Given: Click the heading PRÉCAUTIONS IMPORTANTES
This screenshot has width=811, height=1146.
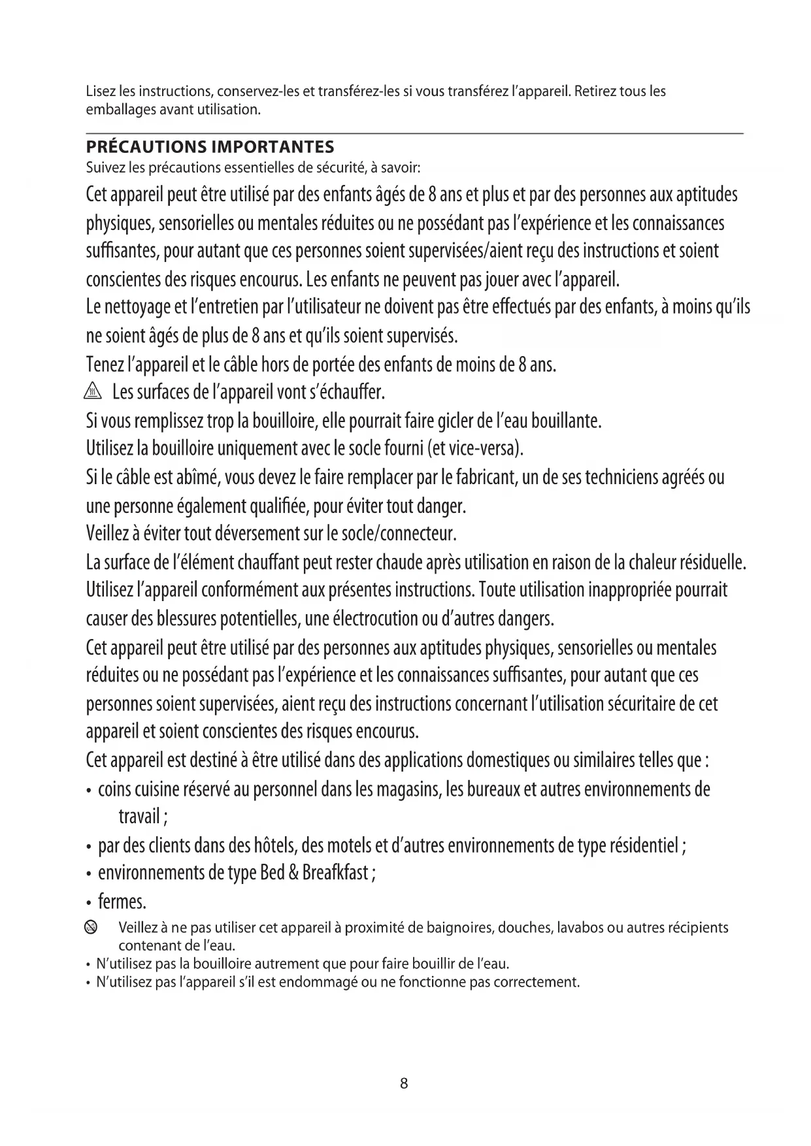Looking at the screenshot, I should [210, 147].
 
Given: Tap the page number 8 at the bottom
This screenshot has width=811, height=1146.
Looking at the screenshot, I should [404, 1083].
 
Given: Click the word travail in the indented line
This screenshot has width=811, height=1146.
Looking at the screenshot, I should [139, 817].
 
